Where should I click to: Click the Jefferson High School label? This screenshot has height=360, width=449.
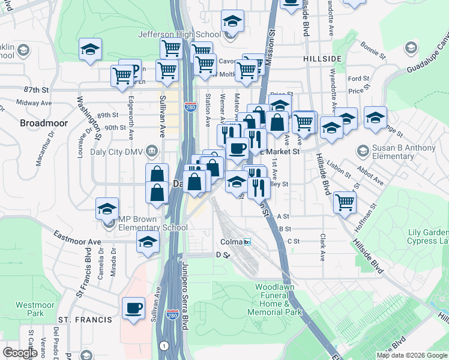(179, 35)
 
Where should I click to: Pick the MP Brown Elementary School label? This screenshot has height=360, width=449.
(152, 223)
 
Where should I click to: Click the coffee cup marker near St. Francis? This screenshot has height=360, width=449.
(133, 308)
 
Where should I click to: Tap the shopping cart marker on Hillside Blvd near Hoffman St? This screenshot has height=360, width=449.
(345, 202)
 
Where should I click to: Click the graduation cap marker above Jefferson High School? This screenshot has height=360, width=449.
(232, 22)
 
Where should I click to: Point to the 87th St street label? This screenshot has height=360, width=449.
(37, 90)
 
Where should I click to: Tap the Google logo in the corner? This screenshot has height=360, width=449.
(20, 353)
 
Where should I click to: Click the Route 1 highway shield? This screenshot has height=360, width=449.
(163, 346)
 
